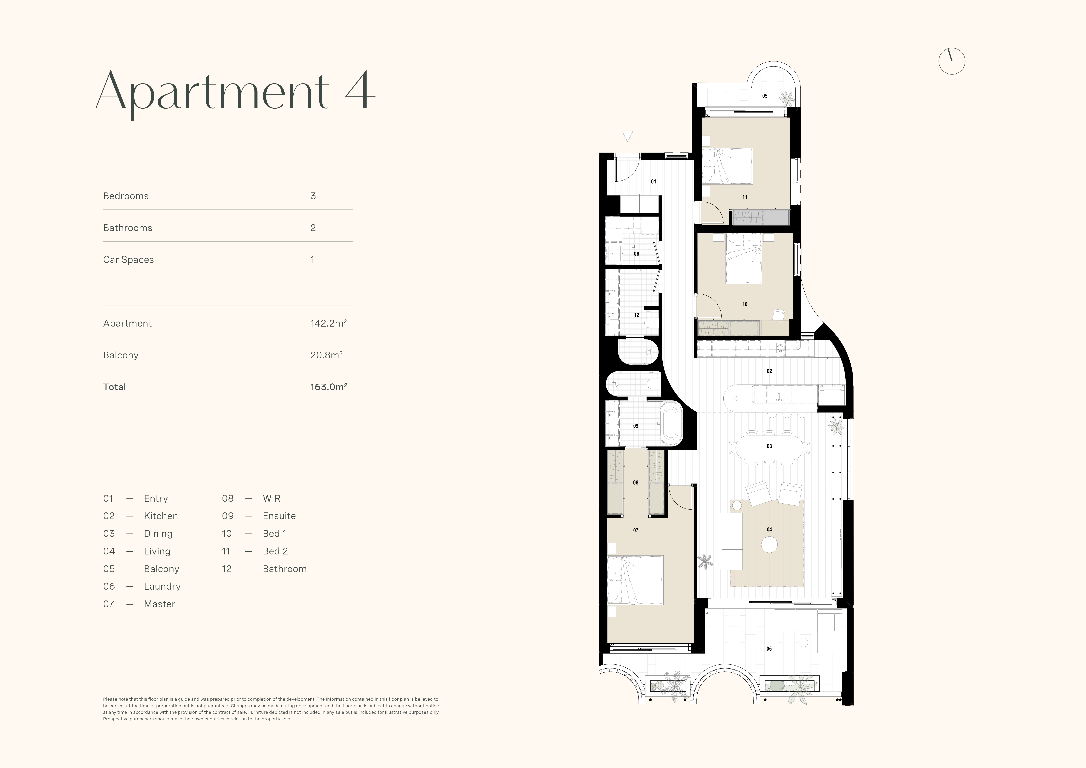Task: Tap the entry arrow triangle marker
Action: tap(627, 136)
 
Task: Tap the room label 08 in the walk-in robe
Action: tap(636, 483)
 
